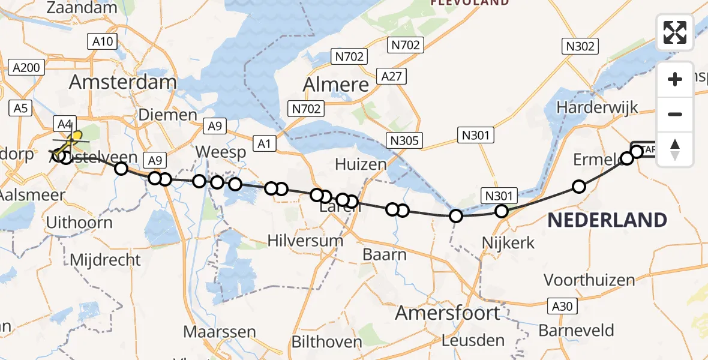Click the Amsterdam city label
coord(123,82)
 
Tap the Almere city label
coord(336,85)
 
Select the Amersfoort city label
coord(448,313)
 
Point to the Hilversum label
coord(305,241)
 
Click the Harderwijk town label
coord(597,107)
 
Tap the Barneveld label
coord(576,330)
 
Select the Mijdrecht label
coord(106,260)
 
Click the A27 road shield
coord(392,76)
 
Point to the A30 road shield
coord(562,306)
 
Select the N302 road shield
coord(579,46)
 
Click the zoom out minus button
coord(675,114)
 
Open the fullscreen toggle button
coord(675,32)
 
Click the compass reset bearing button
coord(675,148)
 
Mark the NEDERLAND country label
coord(607,220)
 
